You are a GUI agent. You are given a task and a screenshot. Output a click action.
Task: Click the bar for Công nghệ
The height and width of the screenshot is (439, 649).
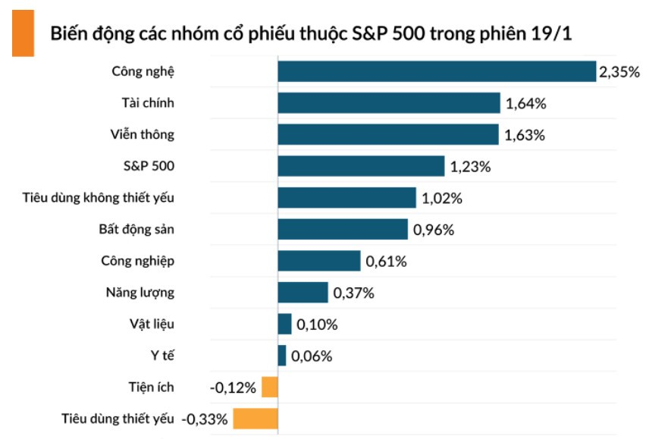(437, 71)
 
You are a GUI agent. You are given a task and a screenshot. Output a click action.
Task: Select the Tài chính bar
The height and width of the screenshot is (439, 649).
(389, 103)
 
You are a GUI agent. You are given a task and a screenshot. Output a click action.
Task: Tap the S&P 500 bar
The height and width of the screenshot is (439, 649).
(361, 166)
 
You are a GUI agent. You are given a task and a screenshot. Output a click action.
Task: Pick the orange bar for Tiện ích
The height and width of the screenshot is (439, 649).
(270, 387)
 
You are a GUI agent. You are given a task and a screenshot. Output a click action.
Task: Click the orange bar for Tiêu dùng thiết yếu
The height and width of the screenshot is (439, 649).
(256, 419)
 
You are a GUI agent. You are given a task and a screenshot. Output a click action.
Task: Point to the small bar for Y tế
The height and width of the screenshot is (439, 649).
(282, 356)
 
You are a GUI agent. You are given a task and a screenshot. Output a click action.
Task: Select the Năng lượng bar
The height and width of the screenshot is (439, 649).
(303, 293)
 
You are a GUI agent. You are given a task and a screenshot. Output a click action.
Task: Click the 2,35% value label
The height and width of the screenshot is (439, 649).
(619, 73)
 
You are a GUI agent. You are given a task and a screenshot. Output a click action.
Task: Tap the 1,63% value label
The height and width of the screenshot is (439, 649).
(525, 136)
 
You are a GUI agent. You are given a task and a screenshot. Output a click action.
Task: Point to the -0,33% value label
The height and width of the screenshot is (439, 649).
(205, 419)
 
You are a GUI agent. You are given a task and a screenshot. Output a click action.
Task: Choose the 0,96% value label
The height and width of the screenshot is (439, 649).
(433, 230)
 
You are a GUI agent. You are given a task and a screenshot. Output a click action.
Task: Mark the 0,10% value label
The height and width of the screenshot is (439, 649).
(317, 325)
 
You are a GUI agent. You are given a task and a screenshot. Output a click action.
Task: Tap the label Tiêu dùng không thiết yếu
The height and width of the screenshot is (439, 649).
(100, 198)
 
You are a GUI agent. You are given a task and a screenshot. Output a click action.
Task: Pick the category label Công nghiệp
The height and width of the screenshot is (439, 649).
(138, 261)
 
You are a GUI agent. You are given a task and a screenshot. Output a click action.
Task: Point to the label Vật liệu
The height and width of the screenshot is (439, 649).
(152, 324)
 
